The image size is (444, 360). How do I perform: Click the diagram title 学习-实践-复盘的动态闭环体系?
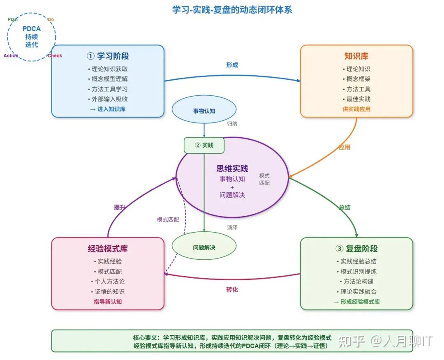pyautogui.click(x=232, y=9)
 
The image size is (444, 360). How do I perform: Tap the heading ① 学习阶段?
pyautogui.click(x=108, y=56)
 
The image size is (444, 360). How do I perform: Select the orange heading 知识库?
pyautogui.click(x=356, y=56)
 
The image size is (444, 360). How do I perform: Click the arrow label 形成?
pyautogui.click(x=232, y=65)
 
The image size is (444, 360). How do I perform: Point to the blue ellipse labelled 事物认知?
pyautogui.click(x=204, y=111)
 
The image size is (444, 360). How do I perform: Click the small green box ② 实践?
pyautogui.click(x=204, y=145)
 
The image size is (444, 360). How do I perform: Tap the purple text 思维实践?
pyautogui.click(x=232, y=168)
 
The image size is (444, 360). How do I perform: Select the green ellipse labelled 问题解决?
pyautogui.click(x=204, y=247)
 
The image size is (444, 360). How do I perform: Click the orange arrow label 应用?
pyautogui.click(x=344, y=147)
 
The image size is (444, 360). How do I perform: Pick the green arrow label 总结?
pyautogui.click(x=345, y=208)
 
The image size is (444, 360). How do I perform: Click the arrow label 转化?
pyautogui.click(x=232, y=290)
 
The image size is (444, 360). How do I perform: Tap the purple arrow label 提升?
pyautogui.click(x=120, y=208)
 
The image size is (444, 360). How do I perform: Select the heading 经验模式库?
pyautogui.click(x=108, y=249)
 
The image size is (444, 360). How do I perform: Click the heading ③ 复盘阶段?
pyautogui.click(x=356, y=249)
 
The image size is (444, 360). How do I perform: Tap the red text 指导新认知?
pyautogui.click(x=108, y=302)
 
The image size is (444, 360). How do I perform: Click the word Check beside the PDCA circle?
pyautogui.click(x=55, y=56)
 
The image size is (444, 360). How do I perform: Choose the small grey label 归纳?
pyautogui.click(x=232, y=123)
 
